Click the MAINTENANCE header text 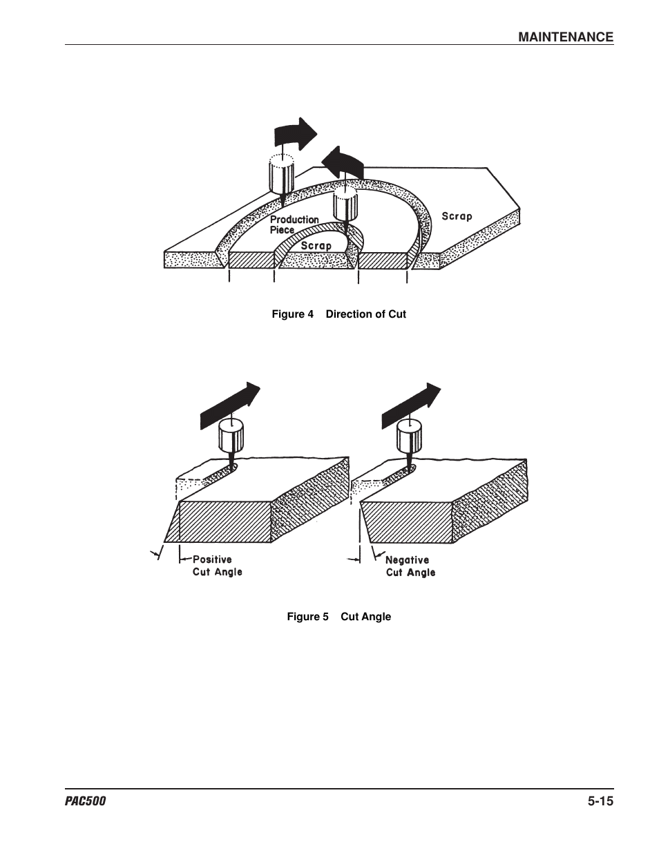[566, 37]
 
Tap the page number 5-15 [600, 801]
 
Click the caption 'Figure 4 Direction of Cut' [338, 314]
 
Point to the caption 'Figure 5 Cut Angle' [338, 617]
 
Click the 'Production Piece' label [294, 224]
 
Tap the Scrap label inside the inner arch [316, 245]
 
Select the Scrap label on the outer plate [457, 216]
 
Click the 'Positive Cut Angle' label [217, 566]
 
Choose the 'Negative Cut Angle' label [410, 566]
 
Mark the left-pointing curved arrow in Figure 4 [342, 163]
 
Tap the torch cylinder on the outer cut [280, 175]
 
